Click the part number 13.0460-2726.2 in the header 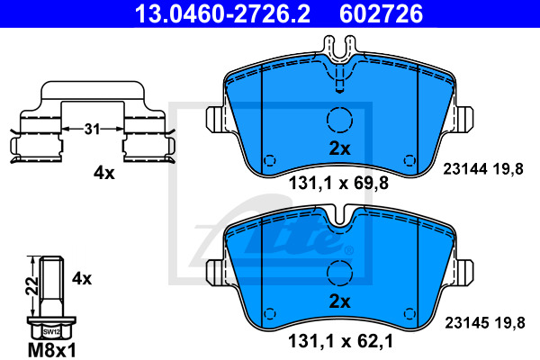pyautogui.click(x=222, y=13)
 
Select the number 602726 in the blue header pyautogui.click(x=381, y=13)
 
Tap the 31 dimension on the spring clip pyautogui.click(x=92, y=130)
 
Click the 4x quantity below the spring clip pyautogui.click(x=104, y=173)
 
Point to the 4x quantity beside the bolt pyautogui.click(x=82, y=278)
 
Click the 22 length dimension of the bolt pyautogui.click(x=32, y=285)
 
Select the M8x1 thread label pyautogui.click(x=51, y=350)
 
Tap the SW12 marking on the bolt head pyautogui.click(x=51, y=332)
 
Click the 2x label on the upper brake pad pyautogui.click(x=339, y=148)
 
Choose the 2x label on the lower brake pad pyautogui.click(x=339, y=301)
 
